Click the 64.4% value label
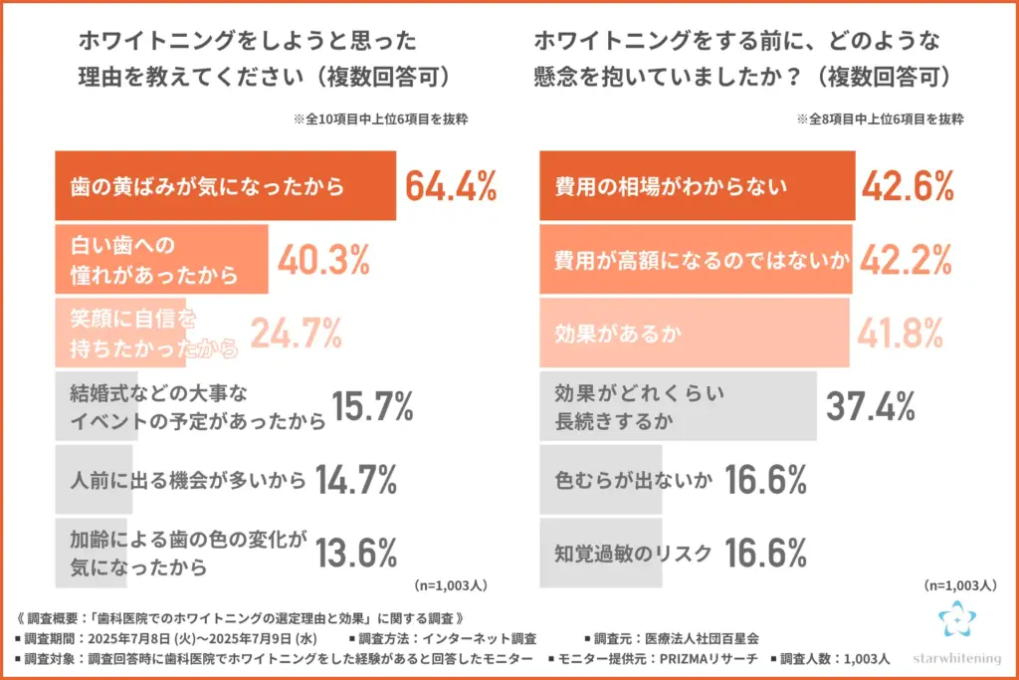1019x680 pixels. [x=451, y=186]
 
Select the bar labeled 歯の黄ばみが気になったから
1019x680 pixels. [x=225, y=186]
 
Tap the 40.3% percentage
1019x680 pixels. [x=323, y=260]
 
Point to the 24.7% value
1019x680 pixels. [x=297, y=334]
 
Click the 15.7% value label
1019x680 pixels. [x=371, y=406]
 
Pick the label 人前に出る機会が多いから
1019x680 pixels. [x=188, y=481]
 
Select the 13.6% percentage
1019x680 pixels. [x=356, y=553]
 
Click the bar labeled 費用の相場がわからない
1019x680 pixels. [x=697, y=186]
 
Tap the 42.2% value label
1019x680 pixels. [x=908, y=260]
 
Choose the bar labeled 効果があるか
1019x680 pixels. [x=695, y=334]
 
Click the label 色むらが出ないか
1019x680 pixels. [x=633, y=481]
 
